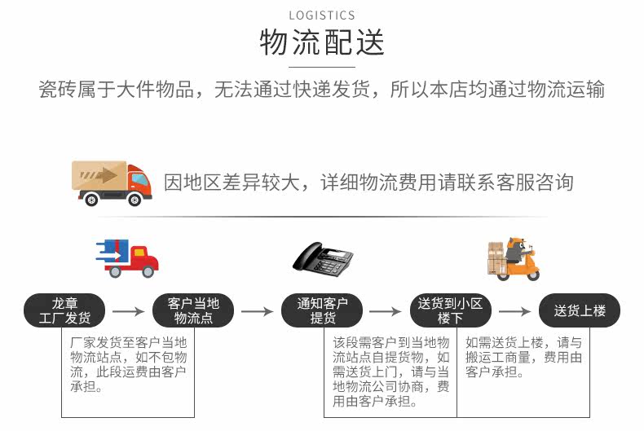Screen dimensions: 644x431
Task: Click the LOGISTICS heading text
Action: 322,15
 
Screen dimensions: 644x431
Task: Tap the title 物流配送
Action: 322,43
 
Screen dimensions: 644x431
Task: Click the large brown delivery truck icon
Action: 111,182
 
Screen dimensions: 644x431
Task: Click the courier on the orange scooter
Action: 514,258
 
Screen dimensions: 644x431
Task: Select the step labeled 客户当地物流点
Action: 193,310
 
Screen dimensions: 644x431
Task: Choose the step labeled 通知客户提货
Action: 322,310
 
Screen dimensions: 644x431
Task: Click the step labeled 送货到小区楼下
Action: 450,310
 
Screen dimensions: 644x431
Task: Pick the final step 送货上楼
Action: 579,310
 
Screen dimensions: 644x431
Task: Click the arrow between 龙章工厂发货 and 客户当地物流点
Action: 129,311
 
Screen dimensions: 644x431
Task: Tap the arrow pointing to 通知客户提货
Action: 258,311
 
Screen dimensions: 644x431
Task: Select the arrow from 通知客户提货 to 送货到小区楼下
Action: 386,311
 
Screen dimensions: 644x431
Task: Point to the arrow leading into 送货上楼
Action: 514,311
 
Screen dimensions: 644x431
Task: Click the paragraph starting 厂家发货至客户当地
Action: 129,363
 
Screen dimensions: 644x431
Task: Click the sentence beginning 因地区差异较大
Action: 368,182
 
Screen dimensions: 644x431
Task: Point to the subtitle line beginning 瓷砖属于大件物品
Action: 322,89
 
